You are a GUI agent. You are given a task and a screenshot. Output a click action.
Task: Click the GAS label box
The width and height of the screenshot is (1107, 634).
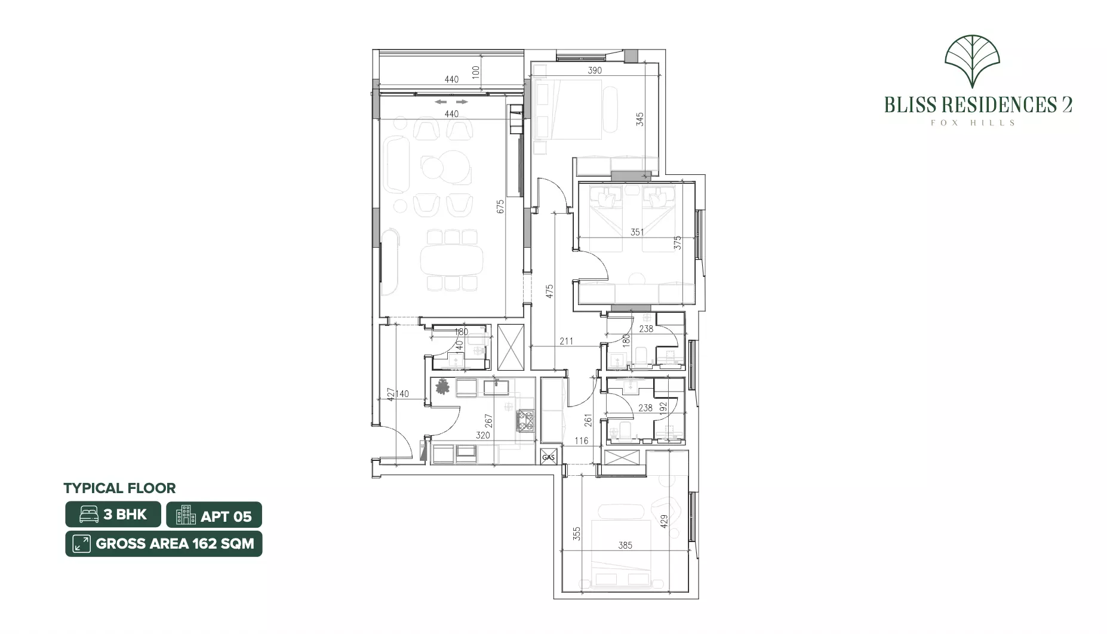549,457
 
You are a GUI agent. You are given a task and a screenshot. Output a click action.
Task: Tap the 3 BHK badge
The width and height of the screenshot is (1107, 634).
113,515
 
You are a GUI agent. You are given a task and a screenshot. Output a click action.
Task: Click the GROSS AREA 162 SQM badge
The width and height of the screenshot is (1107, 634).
164,544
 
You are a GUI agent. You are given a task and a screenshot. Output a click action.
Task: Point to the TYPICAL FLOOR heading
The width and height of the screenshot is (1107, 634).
119,488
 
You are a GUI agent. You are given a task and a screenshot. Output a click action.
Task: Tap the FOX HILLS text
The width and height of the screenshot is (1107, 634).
972,123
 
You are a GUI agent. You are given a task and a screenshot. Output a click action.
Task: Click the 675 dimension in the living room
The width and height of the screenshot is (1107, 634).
500,207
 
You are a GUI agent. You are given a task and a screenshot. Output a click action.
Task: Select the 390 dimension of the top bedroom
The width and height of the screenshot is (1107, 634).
595,70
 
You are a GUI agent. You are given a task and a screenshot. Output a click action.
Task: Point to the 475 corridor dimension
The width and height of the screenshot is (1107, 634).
549,291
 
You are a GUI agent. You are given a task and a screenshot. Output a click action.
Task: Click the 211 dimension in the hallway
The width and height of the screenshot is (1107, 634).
566,341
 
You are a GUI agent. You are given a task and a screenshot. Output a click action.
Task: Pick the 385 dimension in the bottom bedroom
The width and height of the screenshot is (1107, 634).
625,545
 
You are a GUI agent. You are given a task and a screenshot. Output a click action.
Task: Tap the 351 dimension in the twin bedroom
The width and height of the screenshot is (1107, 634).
637,232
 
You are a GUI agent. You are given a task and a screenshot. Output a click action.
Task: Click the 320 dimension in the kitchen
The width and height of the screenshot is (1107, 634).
482,435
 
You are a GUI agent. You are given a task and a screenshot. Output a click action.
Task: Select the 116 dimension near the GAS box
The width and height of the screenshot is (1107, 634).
581,441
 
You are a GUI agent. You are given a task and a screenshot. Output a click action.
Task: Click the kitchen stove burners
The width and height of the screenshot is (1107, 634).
525,419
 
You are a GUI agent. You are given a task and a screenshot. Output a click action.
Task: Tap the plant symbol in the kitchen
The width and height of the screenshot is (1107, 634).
442,387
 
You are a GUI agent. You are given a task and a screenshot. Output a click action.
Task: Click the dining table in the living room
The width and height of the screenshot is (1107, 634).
451,260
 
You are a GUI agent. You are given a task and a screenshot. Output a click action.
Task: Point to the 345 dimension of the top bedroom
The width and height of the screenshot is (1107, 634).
640,119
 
